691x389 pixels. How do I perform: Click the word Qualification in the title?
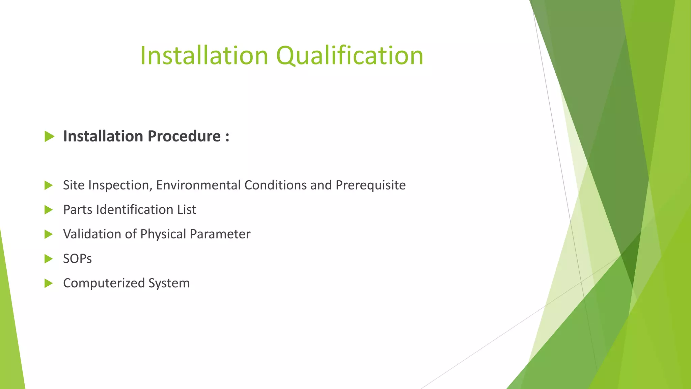pos(350,56)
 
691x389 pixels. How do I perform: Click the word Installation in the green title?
pos(204,56)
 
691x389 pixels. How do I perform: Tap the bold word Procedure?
pos(184,136)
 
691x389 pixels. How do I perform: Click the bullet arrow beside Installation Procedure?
pos(49,136)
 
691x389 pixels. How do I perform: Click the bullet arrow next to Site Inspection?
pos(49,185)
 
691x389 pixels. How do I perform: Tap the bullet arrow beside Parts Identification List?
pos(49,210)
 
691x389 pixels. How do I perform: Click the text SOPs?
pos(77,259)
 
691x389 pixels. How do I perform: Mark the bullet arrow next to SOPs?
pos(49,259)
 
